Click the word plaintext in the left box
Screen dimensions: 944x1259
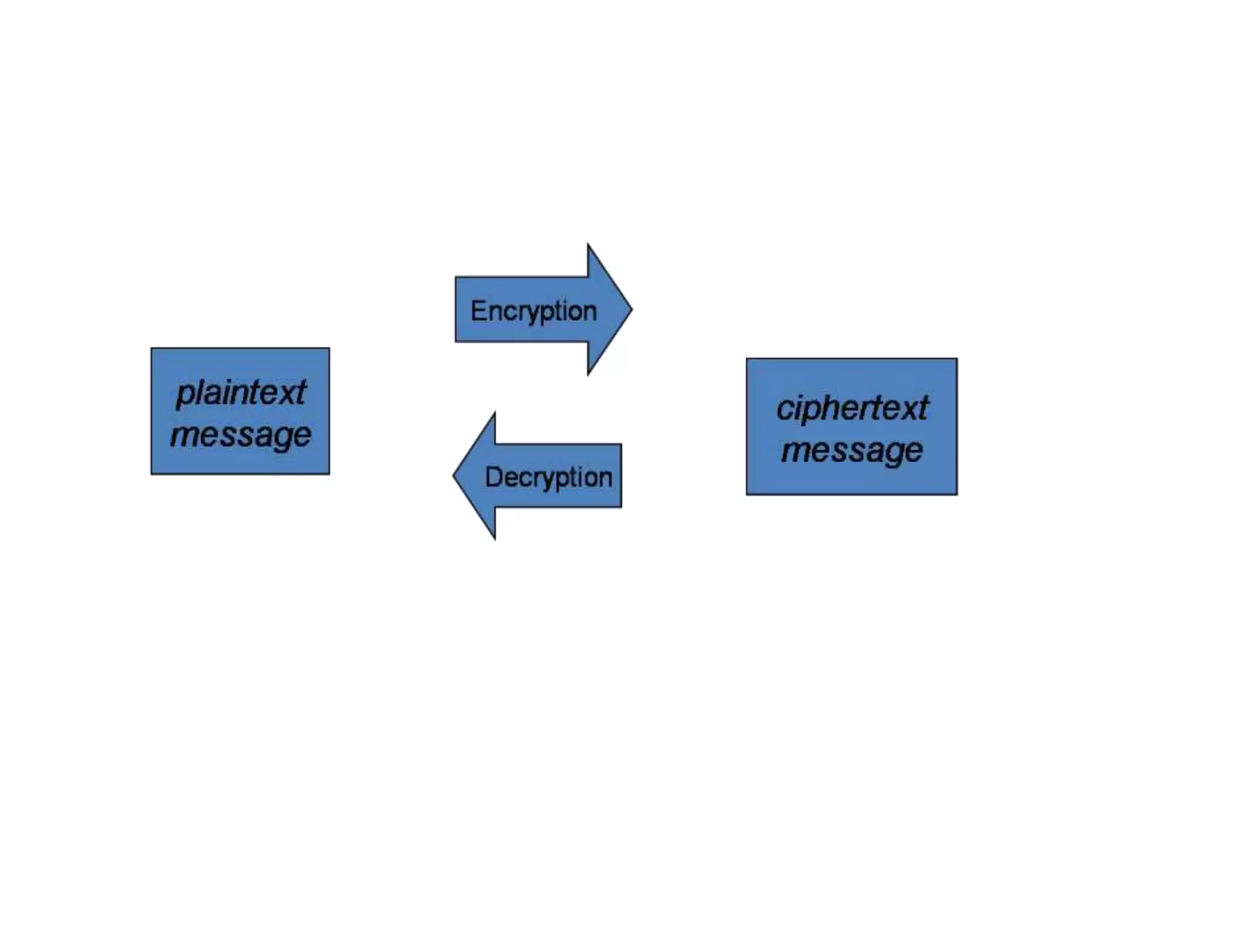pyautogui.click(x=241, y=393)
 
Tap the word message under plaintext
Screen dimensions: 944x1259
pyautogui.click(x=241, y=435)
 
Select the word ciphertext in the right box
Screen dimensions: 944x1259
pyautogui.click(x=852, y=408)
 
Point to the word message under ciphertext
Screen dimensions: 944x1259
pyautogui.click(x=852, y=450)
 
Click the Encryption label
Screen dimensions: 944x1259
pyautogui.click(x=534, y=311)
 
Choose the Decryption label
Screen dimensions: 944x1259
pyautogui.click(x=548, y=477)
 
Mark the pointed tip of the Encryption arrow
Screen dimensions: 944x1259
pyautogui.click(x=631, y=309)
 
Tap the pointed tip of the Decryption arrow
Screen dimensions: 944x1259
pyautogui.click(x=454, y=475)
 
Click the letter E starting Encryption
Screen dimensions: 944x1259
pyautogui.click(x=478, y=310)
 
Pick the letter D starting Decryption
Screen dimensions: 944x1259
pyautogui.click(x=492, y=477)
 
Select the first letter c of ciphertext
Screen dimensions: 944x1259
pyautogui.click(x=783, y=409)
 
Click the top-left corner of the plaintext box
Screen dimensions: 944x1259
pyautogui.click(x=152, y=348)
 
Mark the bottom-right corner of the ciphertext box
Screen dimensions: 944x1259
pyautogui.click(x=957, y=494)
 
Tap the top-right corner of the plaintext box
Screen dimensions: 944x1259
pyautogui.click(x=329, y=348)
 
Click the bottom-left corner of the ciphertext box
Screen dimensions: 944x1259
pyautogui.click(x=747, y=494)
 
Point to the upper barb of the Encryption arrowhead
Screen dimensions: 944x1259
pyautogui.click(x=588, y=245)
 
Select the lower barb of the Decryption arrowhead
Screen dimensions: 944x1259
pyautogui.click(x=494, y=538)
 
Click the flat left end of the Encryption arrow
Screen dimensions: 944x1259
pyautogui.click(x=456, y=309)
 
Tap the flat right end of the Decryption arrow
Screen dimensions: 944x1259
pyautogui.click(x=621, y=476)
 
